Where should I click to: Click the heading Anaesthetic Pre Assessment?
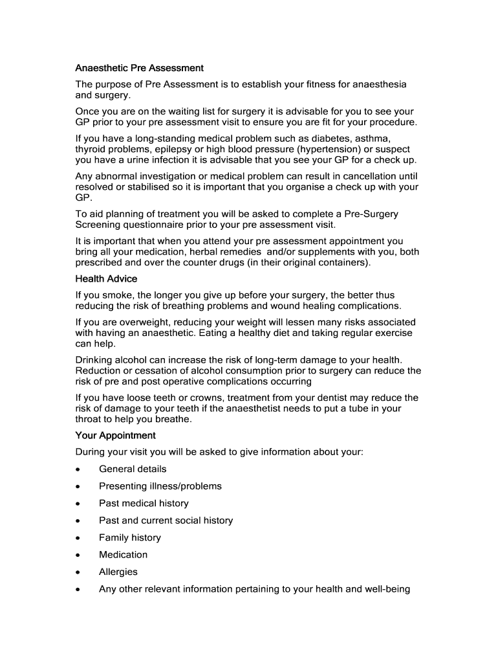(140, 68)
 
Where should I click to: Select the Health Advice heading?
(106, 278)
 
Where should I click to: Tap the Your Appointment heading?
(116, 435)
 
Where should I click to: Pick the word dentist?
(369, 398)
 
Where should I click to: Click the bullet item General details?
(133, 469)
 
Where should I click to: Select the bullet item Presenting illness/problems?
(160, 486)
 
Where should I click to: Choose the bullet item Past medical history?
(144, 503)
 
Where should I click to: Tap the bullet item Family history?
(130, 537)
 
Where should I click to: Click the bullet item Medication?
(123, 555)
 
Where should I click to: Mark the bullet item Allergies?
(118, 572)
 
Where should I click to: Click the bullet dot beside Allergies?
(78, 572)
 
